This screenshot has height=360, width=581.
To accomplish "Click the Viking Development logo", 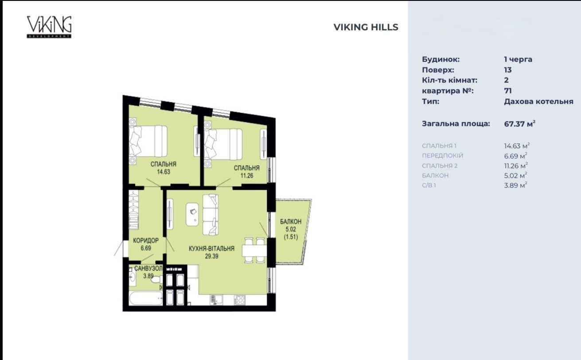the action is tap(49, 27).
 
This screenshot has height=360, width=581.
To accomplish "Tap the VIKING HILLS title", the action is tap(366, 27).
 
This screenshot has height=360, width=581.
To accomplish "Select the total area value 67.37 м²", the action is tap(519, 124).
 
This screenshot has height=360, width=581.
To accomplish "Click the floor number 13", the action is tap(508, 70).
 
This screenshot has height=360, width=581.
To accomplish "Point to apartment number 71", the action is tap(508, 91).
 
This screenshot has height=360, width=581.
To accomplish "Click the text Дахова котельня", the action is tap(538, 101).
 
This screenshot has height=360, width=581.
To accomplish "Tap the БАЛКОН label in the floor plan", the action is tap(291, 222).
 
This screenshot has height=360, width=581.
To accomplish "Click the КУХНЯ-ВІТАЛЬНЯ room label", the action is tap(211, 249).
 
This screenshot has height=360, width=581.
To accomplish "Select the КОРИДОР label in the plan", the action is tap(145, 241).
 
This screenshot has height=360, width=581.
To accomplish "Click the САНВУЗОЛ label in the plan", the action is tap(148, 268).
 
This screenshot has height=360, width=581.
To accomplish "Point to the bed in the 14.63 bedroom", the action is tap(148, 141).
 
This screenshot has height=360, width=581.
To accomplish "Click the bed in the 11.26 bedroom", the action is tap(223, 145).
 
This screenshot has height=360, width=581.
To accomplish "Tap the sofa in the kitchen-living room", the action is tap(211, 215).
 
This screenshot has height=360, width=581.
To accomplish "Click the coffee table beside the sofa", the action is tap(192, 215).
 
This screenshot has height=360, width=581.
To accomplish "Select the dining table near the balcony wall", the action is tap(254, 251).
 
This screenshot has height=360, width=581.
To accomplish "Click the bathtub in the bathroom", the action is tap(146, 298).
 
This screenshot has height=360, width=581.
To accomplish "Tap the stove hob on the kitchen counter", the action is tap(239, 300).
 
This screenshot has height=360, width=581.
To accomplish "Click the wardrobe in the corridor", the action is tap(133, 210).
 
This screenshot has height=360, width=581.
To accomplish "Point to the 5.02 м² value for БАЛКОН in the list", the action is tap(516, 176).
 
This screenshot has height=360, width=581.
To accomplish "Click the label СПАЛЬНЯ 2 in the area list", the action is tap(440, 166).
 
